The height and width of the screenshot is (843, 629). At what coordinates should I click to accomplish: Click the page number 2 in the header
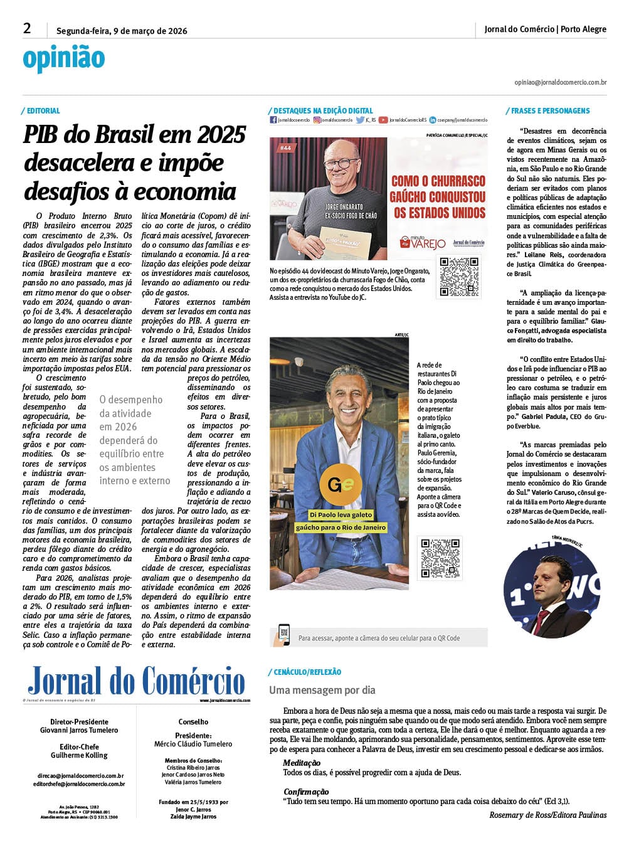point(27,28)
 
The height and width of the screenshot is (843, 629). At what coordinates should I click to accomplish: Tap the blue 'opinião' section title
point(64,59)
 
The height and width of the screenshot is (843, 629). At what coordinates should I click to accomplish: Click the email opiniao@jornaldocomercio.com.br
point(560,82)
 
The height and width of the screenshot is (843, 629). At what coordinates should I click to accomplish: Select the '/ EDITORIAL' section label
point(41,111)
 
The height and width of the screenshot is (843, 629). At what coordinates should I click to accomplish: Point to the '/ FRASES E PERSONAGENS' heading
point(549,111)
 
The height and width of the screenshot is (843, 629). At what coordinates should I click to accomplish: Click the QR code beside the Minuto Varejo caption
point(460,277)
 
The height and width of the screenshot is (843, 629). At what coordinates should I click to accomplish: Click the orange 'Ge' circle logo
point(339,485)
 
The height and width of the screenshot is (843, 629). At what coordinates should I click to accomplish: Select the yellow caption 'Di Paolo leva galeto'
point(341,515)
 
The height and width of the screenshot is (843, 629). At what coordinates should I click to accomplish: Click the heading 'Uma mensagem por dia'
point(322,690)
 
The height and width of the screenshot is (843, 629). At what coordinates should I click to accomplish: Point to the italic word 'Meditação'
point(302,763)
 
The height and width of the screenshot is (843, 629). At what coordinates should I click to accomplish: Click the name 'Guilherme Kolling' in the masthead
point(79,755)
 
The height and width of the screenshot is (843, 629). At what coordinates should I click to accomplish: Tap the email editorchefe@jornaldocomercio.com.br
point(79,784)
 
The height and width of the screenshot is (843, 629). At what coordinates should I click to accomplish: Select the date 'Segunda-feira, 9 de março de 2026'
point(122,31)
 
